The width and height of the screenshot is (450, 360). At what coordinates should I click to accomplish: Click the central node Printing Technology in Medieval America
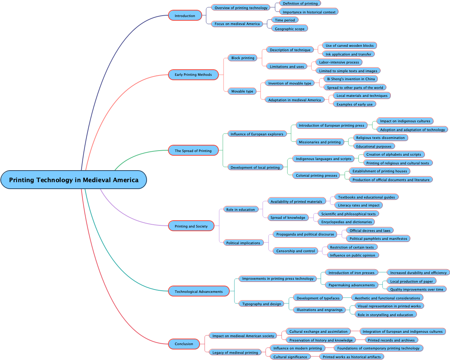[x=74, y=180]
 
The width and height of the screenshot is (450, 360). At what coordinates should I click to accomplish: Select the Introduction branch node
[x=185, y=16]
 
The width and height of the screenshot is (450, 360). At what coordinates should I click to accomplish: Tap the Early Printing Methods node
[x=193, y=75]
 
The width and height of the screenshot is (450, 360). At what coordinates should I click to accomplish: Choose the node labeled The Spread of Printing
[x=193, y=151]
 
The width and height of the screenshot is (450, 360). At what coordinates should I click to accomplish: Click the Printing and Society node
[x=191, y=226]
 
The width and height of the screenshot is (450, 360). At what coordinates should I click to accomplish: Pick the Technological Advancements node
[x=199, y=291]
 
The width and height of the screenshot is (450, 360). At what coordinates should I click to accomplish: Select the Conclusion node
[x=184, y=344]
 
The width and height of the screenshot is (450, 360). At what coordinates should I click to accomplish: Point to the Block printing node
[x=243, y=58]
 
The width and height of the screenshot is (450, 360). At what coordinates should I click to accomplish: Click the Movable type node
[x=242, y=91]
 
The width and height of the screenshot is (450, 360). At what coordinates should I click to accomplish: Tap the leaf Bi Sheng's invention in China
[x=351, y=79]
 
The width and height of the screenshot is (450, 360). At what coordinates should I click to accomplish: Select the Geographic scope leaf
[x=290, y=29]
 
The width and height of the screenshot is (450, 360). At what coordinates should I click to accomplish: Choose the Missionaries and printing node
[x=319, y=142]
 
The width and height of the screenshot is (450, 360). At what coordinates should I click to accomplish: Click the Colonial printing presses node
[x=316, y=175]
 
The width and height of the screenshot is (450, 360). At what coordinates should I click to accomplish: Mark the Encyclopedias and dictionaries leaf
[x=346, y=222]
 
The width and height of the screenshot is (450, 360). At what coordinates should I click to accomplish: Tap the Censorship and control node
[x=295, y=251]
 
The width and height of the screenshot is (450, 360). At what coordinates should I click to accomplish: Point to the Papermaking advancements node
[x=351, y=285]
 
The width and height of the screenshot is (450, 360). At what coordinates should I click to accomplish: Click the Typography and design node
[x=261, y=304]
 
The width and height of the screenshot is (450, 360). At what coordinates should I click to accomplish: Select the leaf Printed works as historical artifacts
[x=351, y=357]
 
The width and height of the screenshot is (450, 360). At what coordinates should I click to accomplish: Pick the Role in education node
[x=240, y=209]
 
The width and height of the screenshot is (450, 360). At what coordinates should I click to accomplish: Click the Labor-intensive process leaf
[x=339, y=62]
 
